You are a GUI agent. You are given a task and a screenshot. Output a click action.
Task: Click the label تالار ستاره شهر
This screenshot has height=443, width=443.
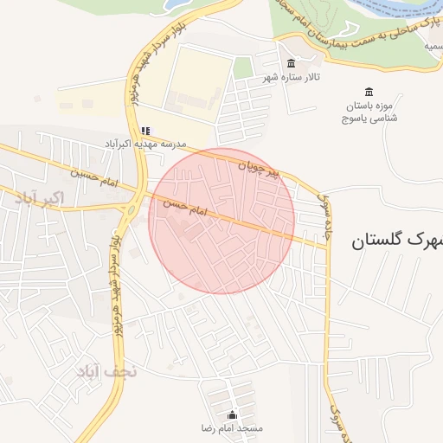(x=292, y=78)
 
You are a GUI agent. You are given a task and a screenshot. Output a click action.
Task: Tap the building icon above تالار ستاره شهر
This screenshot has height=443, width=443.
(x=290, y=65)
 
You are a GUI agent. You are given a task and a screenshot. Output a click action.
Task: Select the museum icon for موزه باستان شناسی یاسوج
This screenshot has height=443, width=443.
(x=369, y=93)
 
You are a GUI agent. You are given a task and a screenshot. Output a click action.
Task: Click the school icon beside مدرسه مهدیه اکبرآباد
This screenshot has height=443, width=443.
(x=146, y=131)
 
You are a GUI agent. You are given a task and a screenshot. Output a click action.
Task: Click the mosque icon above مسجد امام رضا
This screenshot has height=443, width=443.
(x=231, y=414)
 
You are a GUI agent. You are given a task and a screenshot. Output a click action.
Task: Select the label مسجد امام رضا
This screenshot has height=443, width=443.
(x=231, y=428)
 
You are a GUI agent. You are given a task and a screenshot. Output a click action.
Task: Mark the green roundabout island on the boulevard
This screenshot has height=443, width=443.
(x=135, y=209)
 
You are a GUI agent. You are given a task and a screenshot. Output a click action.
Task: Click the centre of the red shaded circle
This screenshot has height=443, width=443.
(x=221, y=221)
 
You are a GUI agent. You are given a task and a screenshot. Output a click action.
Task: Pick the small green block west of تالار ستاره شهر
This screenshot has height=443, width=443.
(x=243, y=68)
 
